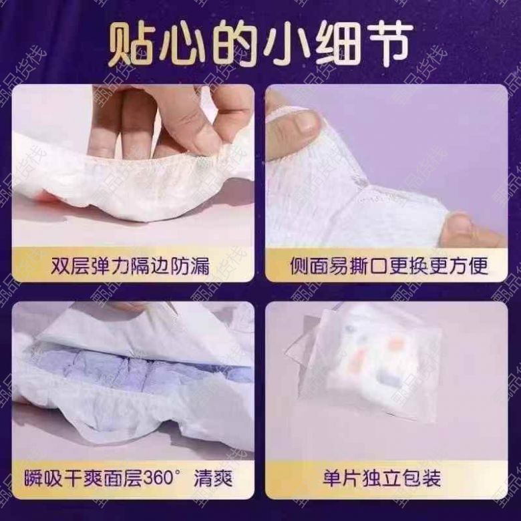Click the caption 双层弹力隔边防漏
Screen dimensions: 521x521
130,266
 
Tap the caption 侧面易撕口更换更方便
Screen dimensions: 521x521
389,266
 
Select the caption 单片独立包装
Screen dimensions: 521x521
382,478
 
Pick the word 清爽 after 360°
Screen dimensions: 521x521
213,478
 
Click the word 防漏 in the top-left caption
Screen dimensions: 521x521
190,266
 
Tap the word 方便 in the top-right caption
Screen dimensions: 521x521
469,266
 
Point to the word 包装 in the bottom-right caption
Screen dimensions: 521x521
421,478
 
